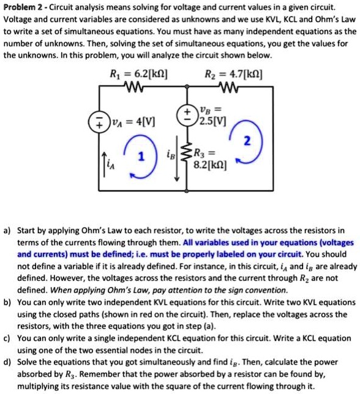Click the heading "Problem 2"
(23, 7)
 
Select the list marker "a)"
(7, 231)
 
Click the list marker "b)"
(7, 302)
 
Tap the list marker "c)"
(7, 338)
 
